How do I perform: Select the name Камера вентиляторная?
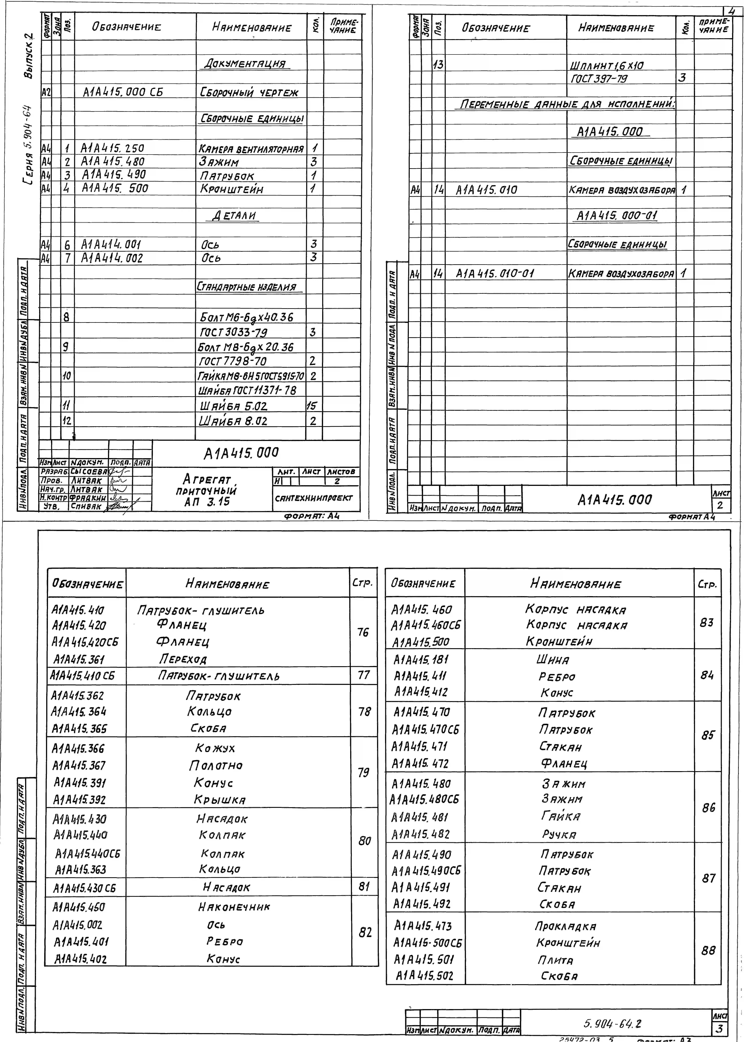(251, 149)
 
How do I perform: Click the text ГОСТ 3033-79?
(234, 332)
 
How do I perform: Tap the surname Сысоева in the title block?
(88, 471)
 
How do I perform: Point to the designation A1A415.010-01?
(495, 274)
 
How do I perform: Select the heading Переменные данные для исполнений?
(567, 104)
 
